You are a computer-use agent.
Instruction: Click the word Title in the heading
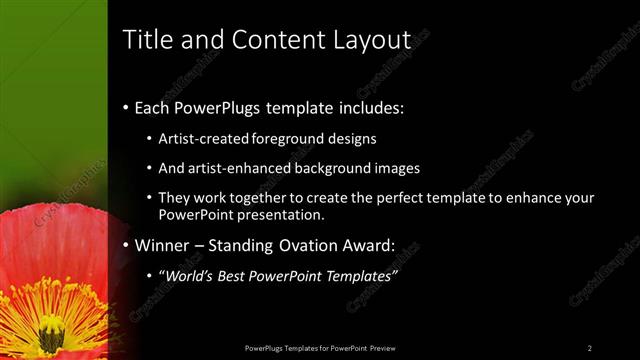(x=144, y=39)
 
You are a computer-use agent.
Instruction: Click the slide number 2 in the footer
(x=590, y=347)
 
